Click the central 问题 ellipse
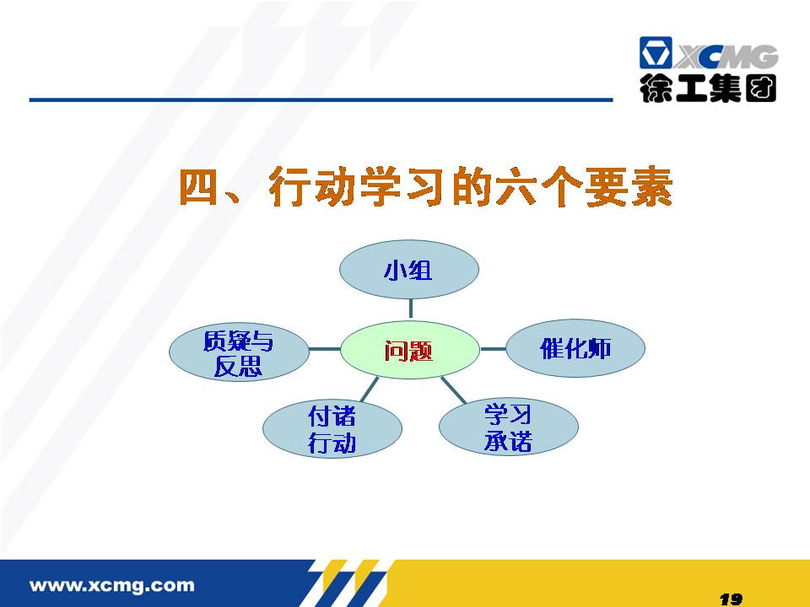pos(410,350)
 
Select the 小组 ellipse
pos(409,269)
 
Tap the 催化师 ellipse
pos(575,348)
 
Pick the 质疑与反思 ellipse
pos(239,352)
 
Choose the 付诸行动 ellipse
pos(332,429)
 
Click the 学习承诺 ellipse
pos(508,427)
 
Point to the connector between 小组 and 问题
pos(411,309)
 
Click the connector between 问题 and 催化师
pos(493,349)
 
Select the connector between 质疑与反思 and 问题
pos(324,349)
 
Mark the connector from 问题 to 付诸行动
pos(369,389)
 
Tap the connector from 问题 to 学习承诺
pos(453,389)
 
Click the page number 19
pos(731,599)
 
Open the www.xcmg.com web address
pos(112,585)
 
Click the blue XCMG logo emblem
pos(656,52)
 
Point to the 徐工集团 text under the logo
pos(708,89)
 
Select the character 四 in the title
pos(197,187)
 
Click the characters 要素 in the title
pos(629,187)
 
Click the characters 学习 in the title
pos(402,187)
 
